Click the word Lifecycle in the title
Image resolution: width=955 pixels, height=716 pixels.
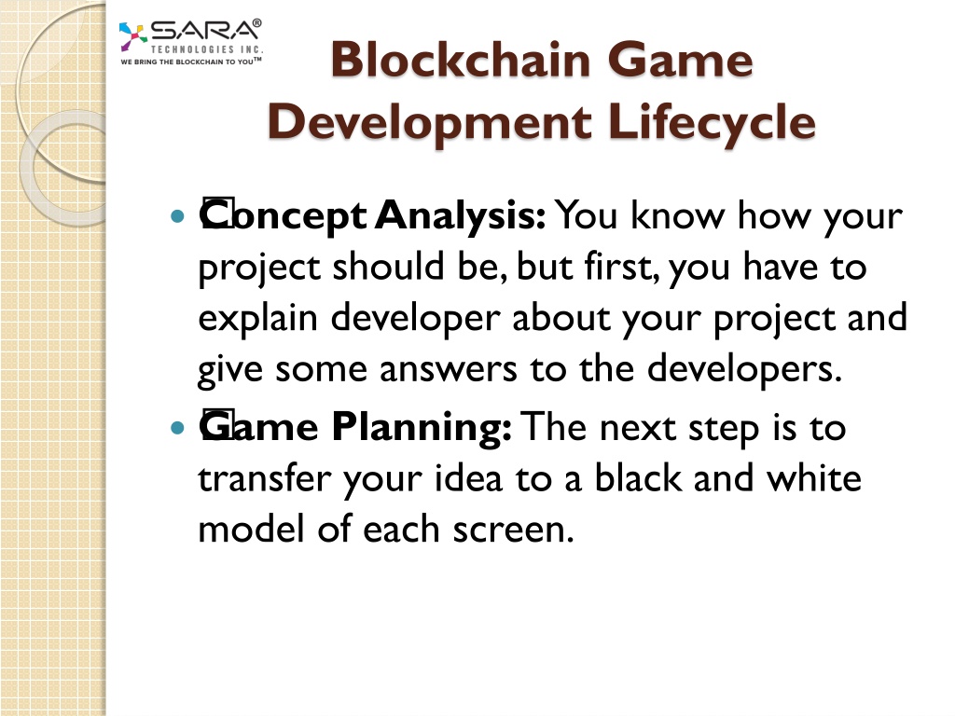712,123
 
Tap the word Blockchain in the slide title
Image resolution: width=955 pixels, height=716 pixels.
461,60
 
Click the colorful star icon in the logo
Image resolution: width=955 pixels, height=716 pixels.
132,36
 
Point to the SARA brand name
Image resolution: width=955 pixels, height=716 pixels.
203,31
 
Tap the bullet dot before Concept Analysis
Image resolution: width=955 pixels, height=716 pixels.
177,215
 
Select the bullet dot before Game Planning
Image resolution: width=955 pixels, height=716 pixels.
177,427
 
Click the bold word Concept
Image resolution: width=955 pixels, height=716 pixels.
284,216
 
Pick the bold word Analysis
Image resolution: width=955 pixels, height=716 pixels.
460,216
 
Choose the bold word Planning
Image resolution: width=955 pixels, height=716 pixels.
422,427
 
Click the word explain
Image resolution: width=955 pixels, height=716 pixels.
258,319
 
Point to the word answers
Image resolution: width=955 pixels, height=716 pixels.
449,370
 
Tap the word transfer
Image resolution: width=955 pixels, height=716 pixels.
264,478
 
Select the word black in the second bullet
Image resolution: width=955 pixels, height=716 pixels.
638,478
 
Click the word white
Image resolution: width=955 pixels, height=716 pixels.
814,478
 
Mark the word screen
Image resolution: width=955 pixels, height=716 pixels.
514,530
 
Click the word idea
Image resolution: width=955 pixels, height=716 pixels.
468,478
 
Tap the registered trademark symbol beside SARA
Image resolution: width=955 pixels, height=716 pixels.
257,23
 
